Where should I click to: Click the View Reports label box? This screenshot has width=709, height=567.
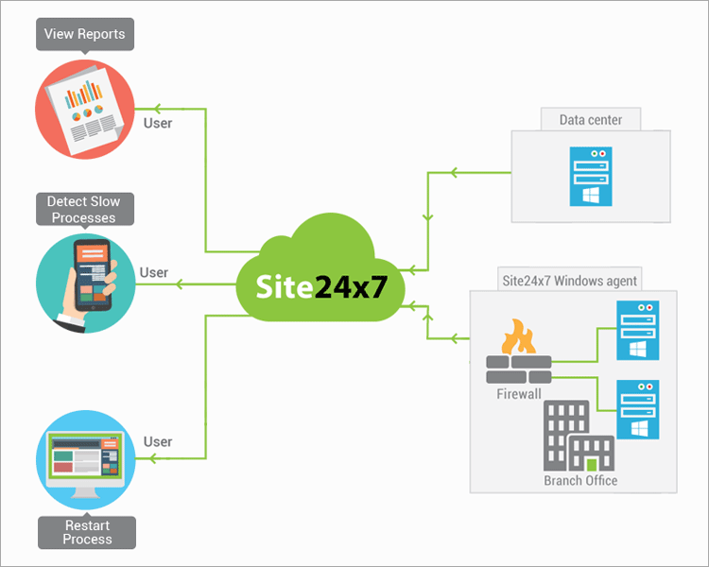click(x=84, y=35)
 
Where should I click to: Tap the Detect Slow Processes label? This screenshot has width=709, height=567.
click(x=84, y=210)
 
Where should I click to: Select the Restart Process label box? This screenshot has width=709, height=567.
click(x=87, y=532)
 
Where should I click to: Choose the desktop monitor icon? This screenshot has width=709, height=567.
click(x=86, y=463)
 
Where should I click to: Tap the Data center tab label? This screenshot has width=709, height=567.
click(x=592, y=120)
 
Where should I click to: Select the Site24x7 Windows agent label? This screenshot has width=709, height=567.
click(x=569, y=280)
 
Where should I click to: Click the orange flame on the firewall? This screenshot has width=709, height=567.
click(x=518, y=337)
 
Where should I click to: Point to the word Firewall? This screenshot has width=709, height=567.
click(x=519, y=393)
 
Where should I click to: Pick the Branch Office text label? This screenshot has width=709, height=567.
click(x=580, y=480)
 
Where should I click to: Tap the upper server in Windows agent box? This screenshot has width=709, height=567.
click(x=636, y=330)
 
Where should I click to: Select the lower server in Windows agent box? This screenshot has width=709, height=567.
click(x=636, y=408)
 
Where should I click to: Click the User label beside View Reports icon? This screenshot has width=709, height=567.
click(x=158, y=122)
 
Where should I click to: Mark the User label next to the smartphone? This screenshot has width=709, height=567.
click(x=154, y=273)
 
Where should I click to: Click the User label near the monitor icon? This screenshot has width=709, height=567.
click(x=158, y=441)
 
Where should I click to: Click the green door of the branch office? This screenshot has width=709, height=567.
click(x=593, y=464)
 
